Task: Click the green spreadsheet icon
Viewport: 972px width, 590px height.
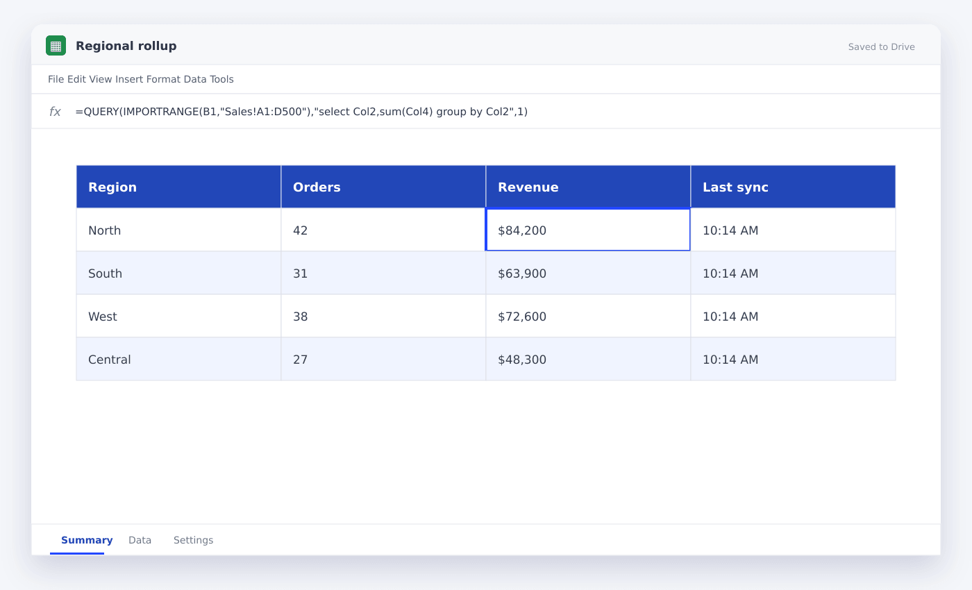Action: [x=56, y=46]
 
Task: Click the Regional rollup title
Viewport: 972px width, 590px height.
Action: [x=126, y=46]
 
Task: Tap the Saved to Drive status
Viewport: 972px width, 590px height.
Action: [x=881, y=47]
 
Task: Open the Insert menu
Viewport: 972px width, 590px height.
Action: [x=129, y=79]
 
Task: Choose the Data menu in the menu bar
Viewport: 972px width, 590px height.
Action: [x=195, y=79]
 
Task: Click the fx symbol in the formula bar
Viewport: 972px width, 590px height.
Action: [x=55, y=112]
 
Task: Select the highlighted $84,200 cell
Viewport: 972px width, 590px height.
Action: [x=588, y=230]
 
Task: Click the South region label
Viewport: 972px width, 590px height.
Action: [x=105, y=273]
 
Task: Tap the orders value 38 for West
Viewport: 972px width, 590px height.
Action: [x=300, y=317]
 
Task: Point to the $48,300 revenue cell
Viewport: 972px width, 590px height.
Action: [x=588, y=360]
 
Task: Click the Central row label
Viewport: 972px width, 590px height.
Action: [x=110, y=360]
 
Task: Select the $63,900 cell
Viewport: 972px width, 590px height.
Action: [x=588, y=273]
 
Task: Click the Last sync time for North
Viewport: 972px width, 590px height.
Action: [x=730, y=230]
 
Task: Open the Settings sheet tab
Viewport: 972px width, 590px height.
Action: [x=193, y=540]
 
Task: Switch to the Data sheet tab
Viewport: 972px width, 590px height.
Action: [x=140, y=540]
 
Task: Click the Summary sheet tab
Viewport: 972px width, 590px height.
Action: [x=87, y=540]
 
